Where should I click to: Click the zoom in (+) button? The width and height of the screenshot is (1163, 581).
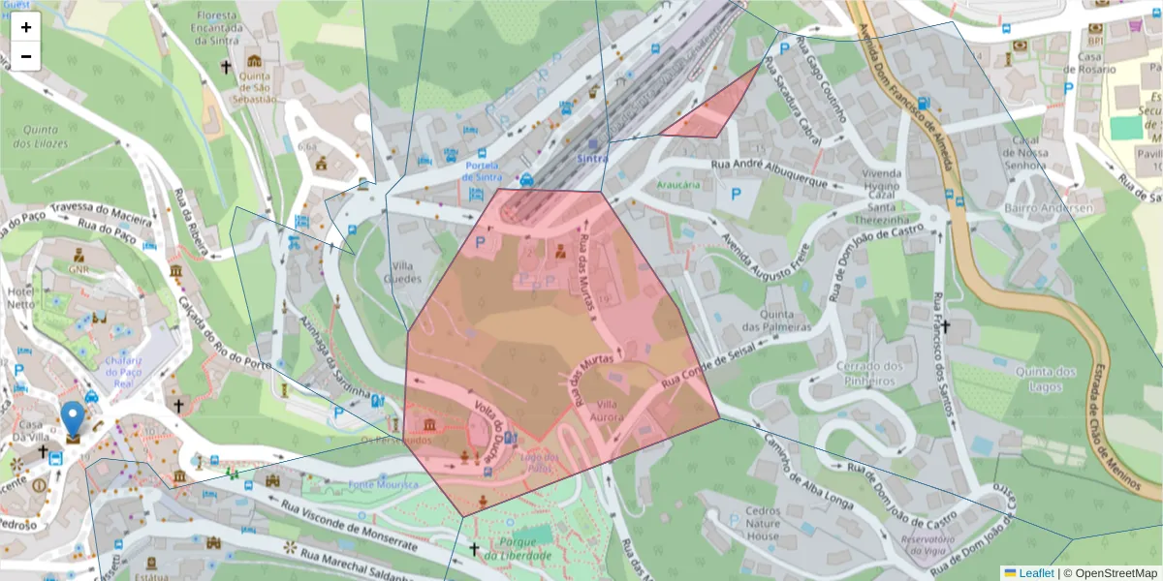26,27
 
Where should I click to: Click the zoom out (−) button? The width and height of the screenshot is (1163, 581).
26,56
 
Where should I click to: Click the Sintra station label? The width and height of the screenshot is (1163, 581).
592,158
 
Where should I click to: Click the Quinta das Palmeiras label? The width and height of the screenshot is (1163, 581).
786,321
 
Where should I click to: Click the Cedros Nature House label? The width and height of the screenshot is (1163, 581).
763,523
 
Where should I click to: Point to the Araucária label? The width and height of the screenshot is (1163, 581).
651,184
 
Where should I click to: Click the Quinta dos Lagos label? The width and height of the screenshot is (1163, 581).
1047,379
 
